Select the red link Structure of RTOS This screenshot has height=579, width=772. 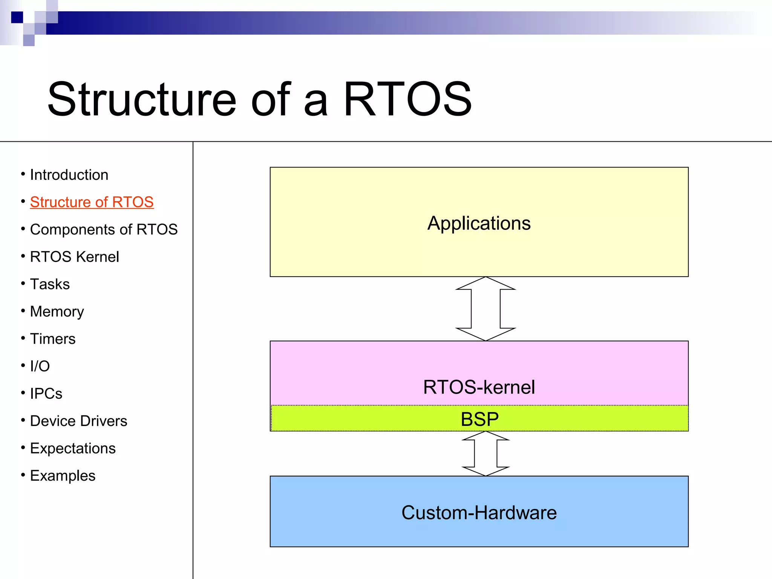[92, 202]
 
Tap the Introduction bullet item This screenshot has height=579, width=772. [69, 175]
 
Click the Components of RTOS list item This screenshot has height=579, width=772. [104, 230]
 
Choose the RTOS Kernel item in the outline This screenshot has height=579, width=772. [74, 257]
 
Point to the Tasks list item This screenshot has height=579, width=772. [50, 284]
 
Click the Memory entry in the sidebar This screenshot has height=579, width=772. [57, 312]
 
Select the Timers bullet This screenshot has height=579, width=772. [53, 339]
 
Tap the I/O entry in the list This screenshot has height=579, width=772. [40, 366]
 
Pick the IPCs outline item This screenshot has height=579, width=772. [46, 394]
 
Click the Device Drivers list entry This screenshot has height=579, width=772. [78, 421]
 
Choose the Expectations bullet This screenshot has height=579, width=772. [73, 449]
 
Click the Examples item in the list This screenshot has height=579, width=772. [63, 476]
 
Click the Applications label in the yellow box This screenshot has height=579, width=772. [479, 223]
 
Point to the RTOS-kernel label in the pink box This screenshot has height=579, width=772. [479, 387]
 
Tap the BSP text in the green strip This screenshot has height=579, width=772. [479, 419]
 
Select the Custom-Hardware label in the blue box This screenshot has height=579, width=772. [479, 513]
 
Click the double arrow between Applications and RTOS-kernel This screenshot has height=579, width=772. [486, 309]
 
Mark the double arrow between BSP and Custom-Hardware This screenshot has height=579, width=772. [486, 453]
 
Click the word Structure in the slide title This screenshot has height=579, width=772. [142, 99]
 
